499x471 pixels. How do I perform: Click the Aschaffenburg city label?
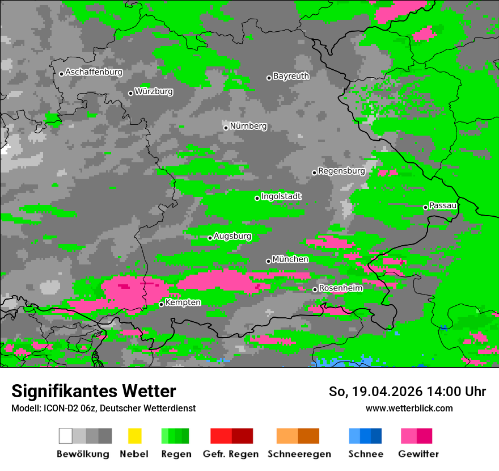click(94, 72)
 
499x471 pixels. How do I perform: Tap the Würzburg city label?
click(154, 91)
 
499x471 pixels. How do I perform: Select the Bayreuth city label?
click(291, 76)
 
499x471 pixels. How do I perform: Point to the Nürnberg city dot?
click(226, 128)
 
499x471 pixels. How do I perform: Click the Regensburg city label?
click(341, 171)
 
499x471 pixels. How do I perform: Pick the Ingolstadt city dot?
click(257, 198)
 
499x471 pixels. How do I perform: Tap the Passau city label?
click(443, 205)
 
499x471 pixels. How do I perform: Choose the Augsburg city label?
click(232, 236)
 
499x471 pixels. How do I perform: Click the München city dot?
click(268, 261)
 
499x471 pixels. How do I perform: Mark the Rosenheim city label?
click(340, 288)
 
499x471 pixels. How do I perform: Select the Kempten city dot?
click(161, 304)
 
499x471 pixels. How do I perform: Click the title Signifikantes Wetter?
click(94, 392)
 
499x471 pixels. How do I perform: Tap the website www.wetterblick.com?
click(409, 409)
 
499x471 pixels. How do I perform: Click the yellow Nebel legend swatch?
click(134, 436)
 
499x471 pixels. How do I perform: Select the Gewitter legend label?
click(418, 454)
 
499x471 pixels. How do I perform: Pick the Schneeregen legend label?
click(299, 454)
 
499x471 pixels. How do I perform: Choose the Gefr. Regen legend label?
click(230, 454)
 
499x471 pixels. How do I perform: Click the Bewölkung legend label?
click(83, 454)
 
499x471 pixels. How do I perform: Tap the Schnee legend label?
click(366, 454)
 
